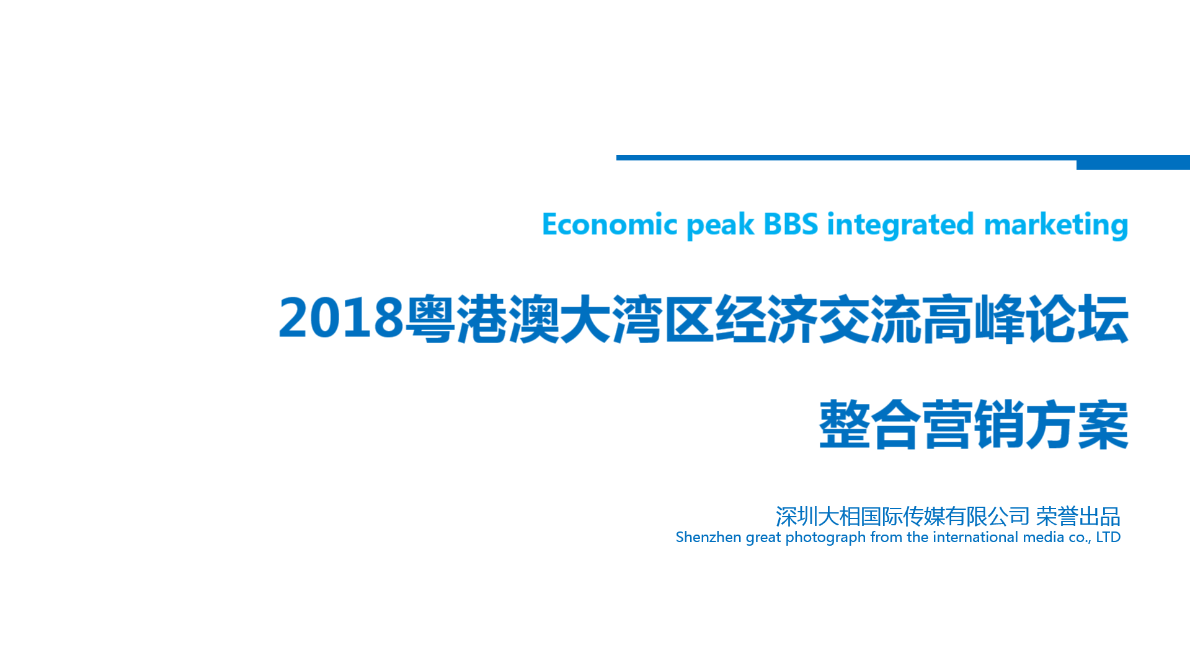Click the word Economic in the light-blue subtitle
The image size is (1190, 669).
610,224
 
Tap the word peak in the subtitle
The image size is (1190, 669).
721,225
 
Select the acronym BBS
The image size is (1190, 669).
791,224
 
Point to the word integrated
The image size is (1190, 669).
900,225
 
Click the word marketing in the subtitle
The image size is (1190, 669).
1055,225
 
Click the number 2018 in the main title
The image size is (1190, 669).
341,318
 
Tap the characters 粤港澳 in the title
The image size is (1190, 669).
482,319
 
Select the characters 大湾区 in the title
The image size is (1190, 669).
637,319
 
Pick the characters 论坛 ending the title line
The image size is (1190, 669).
1077,319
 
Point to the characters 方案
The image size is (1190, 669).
1077,424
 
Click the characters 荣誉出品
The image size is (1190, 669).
1078,516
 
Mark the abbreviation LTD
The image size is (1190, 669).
1108,537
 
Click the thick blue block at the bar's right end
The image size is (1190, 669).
1133,162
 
